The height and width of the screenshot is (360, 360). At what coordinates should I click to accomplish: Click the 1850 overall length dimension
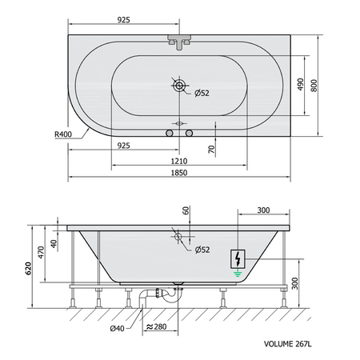pyautogui.click(x=179, y=173)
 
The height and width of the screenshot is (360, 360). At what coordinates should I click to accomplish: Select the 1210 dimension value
pyautogui.click(x=179, y=161)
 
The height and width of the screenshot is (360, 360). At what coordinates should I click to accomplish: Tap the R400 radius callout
pyautogui.click(x=63, y=134)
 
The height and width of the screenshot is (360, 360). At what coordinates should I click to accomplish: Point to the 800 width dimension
pyautogui.click(x=314, y=86)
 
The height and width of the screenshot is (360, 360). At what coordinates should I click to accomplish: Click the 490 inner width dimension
pyautogui.click(x=300, y=85)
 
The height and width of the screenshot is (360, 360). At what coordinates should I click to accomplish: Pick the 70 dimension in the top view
pyautogui.click(x=211, y=149)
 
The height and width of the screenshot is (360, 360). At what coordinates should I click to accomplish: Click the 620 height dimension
pyautogui.click(x=29, y=269)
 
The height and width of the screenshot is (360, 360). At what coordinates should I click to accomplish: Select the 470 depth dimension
pyautogui.click(x=41, y=252)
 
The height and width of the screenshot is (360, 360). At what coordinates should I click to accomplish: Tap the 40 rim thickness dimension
pyautogui.click(x=54, y=244)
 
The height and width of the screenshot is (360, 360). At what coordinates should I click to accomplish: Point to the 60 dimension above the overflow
pyautogui.click(x=186, y=210)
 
